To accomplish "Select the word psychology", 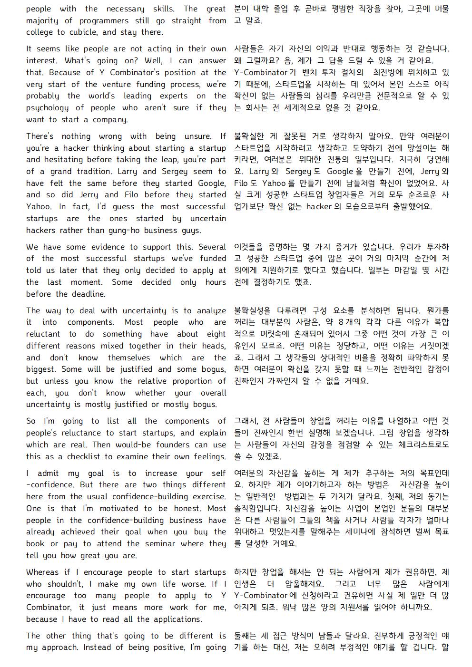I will coord(48,108).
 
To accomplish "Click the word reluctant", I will coord(43,334).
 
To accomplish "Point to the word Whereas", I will coord(43,572).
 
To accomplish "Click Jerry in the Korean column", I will coord(431,172).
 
